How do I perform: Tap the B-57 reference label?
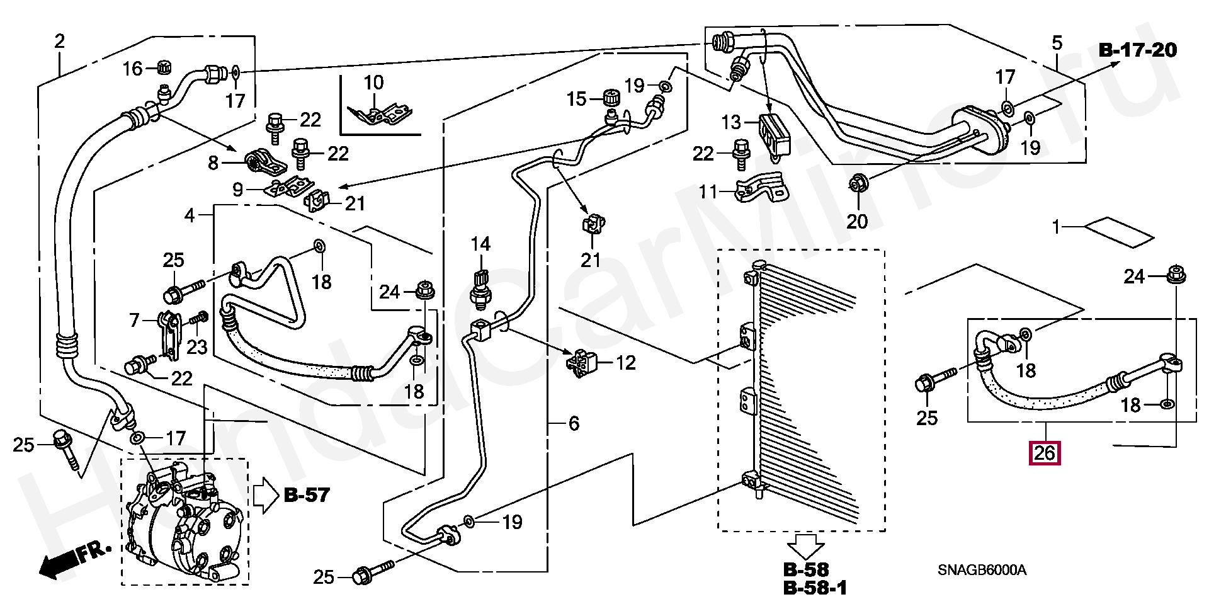[x=307, y=495]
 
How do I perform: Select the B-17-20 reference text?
[x=1138, y=50]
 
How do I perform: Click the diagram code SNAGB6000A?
[x=982, y=571]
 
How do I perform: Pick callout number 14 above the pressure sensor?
[x=480, y=244]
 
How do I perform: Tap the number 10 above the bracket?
[x=373, y=83]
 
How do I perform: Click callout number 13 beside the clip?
[x=731, y=122]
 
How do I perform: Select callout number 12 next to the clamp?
[x=626, y=363]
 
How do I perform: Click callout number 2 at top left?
[x=59, y=42]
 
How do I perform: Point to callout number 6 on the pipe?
[x=573, y=423]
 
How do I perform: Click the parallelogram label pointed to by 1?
[x=1118, y=231]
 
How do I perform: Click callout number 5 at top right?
[x=1057, y=43]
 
